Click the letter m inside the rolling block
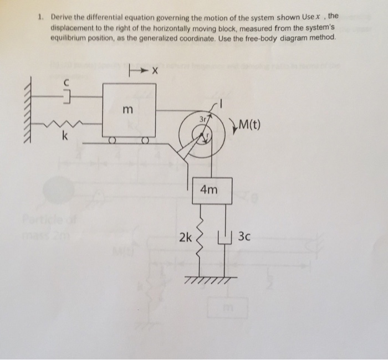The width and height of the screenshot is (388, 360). (127, 111)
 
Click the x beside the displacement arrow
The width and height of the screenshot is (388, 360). (156, 70)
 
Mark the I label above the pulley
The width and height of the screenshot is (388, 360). (222, 102)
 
